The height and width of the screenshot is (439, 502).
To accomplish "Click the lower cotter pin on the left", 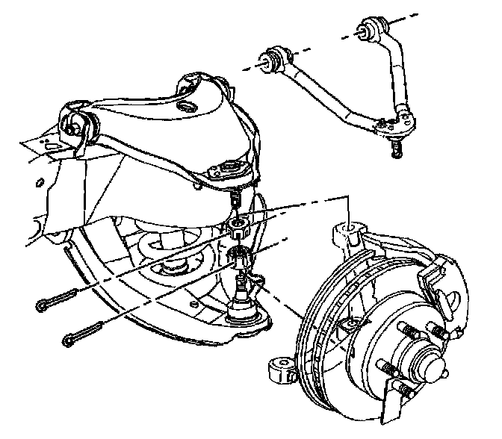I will (x=84, y=332).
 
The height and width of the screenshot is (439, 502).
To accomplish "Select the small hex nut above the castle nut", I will (x=237, y=225).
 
